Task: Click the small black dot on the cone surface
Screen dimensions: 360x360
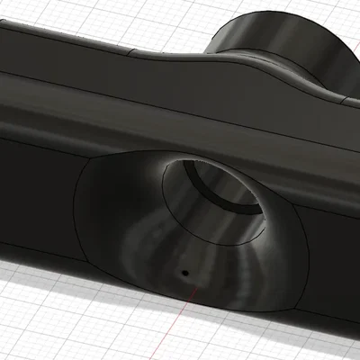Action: tap(184, 270)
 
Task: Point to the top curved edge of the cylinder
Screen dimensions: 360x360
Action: tap(270, 13)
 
